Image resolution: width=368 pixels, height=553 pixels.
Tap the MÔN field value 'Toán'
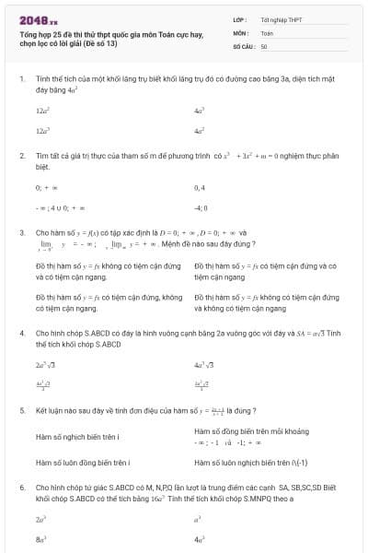(267, 32)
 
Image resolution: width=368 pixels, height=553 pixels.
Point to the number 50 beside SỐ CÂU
(264, 45)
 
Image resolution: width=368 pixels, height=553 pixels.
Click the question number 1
(21, 78)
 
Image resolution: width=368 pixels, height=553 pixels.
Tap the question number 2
(21, 157)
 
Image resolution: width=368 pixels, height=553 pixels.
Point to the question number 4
(21, 333)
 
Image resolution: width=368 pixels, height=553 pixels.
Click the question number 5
(21, 409)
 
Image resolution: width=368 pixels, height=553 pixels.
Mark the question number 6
(21, 486)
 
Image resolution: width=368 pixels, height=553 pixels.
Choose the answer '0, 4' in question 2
(200, 187)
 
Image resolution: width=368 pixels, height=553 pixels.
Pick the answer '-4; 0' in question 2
(201, 208)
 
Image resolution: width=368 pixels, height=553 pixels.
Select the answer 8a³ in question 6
(41, 540)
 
